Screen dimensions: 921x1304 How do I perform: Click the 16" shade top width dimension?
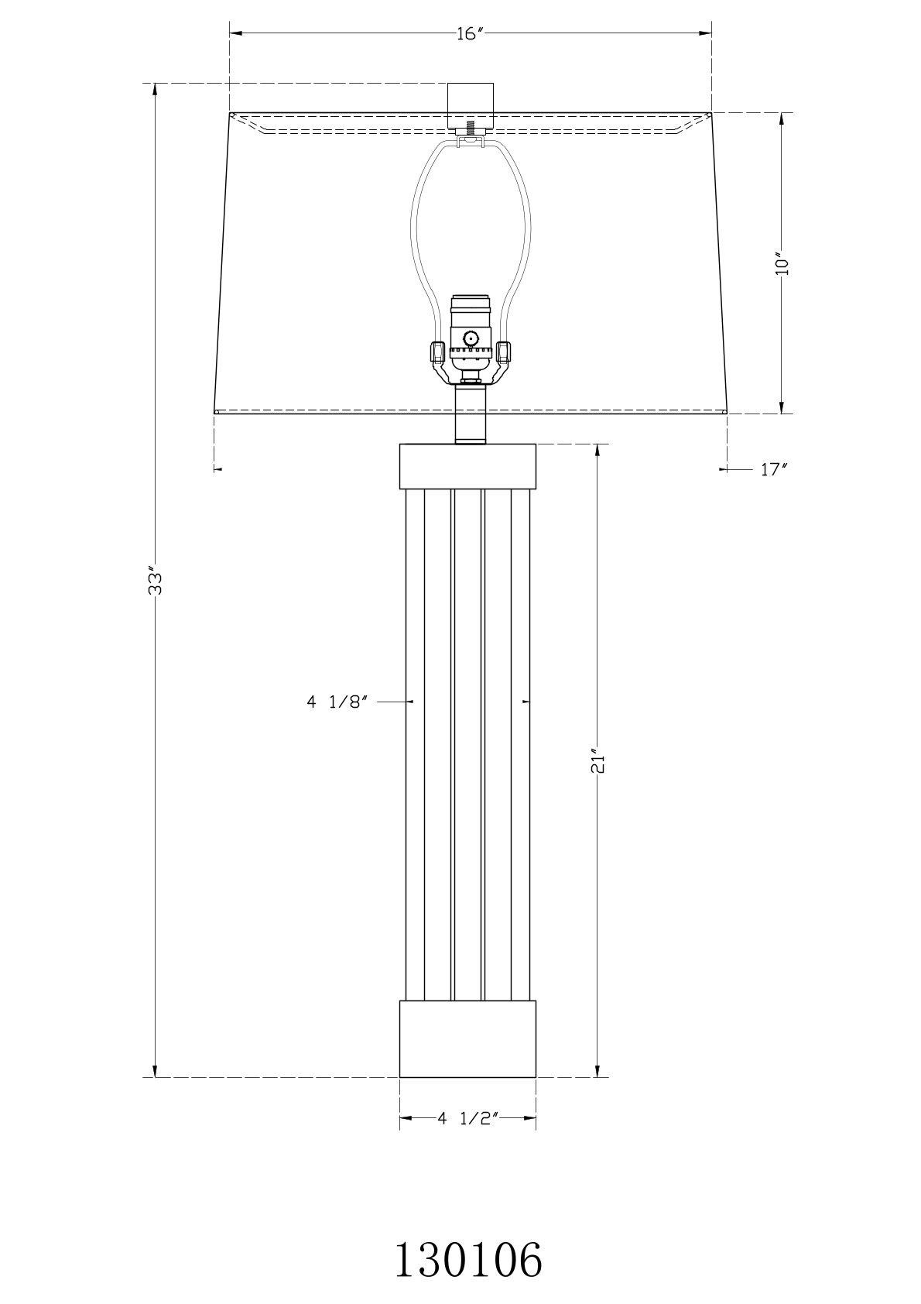pos(470,34)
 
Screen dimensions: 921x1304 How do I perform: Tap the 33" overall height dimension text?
pos(155,581)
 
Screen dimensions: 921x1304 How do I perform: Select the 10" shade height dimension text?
pos(782,264)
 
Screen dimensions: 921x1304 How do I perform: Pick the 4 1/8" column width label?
pos(337,702)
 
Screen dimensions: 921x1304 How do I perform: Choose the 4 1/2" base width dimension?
pos(467,1118)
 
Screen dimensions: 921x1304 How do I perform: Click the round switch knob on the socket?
pos(470,338)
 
